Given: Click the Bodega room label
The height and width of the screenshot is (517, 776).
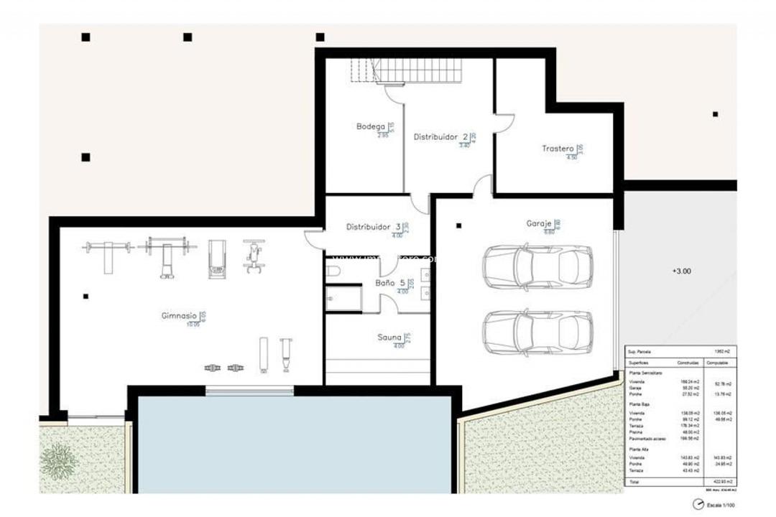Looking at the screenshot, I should [x=371, y=126].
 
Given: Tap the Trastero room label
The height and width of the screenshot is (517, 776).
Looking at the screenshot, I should [x=557, y=149].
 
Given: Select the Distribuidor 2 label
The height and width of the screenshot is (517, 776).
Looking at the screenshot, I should [x=440, y=136].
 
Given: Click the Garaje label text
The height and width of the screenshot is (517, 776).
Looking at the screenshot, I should [x=539, y=223].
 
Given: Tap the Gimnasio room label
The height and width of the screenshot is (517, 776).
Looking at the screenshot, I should [x=180, y=315].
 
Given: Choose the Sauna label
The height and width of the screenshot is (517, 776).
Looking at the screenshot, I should [x=389, y=337].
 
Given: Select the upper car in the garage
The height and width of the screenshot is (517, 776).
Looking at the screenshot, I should [x=537, y=266].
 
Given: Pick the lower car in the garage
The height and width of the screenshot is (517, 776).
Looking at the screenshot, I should [x=537, y=332].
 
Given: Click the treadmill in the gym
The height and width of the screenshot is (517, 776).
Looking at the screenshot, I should [x=217, y=258].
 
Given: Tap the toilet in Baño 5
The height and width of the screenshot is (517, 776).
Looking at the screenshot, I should [x=333, y=271].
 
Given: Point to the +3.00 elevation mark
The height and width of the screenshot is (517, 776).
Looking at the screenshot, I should [x=681, y=271].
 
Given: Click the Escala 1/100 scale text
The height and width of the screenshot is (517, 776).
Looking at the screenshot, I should [x=720, y=505].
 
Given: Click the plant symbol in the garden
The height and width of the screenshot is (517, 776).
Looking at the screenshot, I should [x=59, y=461].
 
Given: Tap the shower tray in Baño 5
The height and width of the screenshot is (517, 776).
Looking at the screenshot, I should [x=343, y=298].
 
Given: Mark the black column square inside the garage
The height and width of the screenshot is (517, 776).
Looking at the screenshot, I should [x=458, y=225].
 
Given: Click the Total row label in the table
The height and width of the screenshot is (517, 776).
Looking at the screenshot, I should [x=634, y=481].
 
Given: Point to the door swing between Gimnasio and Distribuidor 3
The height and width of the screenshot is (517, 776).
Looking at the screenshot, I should [x=313, y=239].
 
